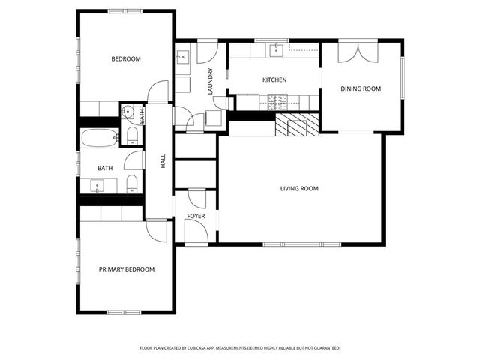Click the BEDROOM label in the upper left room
click(x=126, y=58)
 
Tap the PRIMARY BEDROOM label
click(x=127, y=269)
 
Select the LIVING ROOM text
click(x=299, y=188)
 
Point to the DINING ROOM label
click(x=361, y=88)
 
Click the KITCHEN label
click(x=274, y=79)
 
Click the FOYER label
click(x=196, y=216)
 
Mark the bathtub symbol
click(x=100, y=137)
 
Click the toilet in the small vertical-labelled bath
click(x=132, y=135)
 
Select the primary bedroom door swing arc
click(x=157, y=230)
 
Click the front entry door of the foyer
click(x=196, y=235)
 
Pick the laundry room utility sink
click(x=182, y=57)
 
